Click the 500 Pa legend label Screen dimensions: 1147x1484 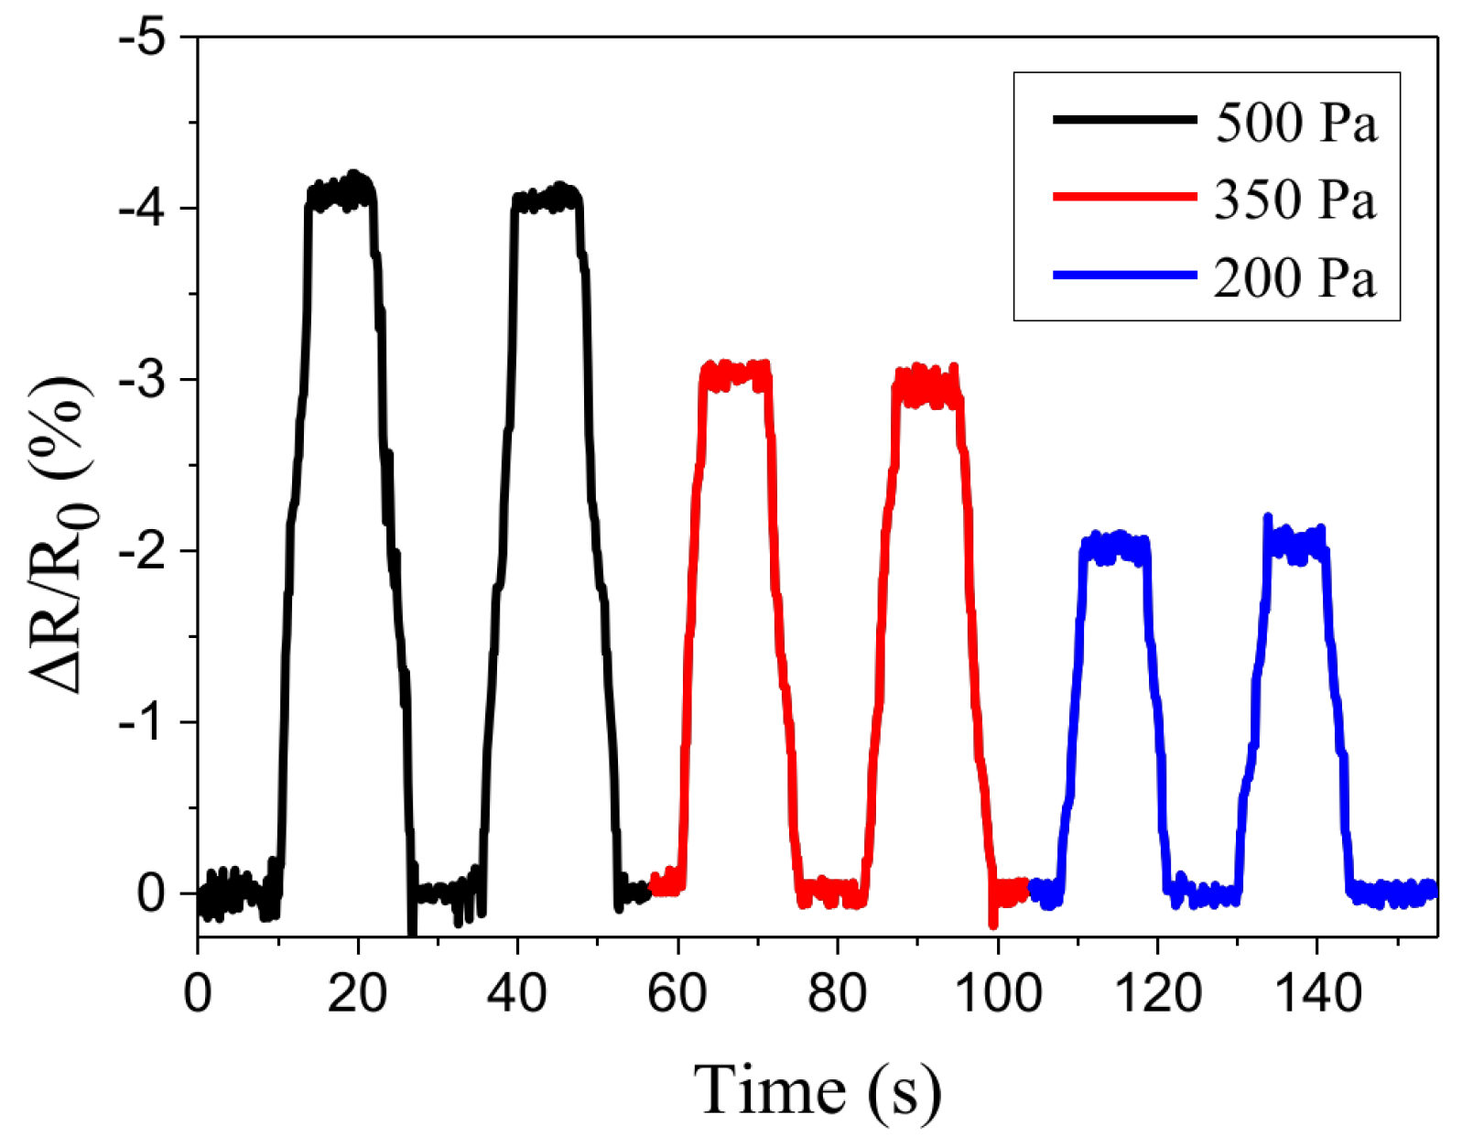coord(1295,122)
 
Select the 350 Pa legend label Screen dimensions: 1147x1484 coord(1295,199)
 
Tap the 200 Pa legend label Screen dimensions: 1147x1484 coord(1295,277)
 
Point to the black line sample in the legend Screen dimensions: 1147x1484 coord(1124,119)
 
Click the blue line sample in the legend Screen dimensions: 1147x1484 coord(1124,275)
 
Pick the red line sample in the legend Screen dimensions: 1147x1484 coord(1124,196)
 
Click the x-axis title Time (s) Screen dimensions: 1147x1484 coord(817,1090)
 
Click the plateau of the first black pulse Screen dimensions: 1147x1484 coord(341,193)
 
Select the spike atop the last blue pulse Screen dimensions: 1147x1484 coord(1268,520)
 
